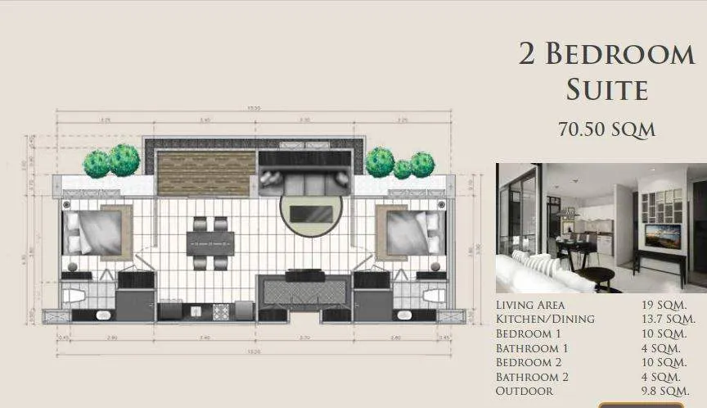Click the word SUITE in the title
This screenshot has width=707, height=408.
(x=607, y=89)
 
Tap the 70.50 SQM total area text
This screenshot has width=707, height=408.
(x=606, y=129)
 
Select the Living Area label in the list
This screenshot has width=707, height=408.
(x=530, y=305)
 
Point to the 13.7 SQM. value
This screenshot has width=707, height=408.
(x=668, y=319)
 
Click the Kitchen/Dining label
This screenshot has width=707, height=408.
(x=545, y=319)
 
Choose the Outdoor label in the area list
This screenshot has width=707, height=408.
(x=525, y=391)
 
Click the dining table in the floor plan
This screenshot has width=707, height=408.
(x=211, y=243)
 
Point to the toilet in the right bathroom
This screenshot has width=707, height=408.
(x=434, y=295)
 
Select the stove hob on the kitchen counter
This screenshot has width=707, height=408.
(x=221, y=311)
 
